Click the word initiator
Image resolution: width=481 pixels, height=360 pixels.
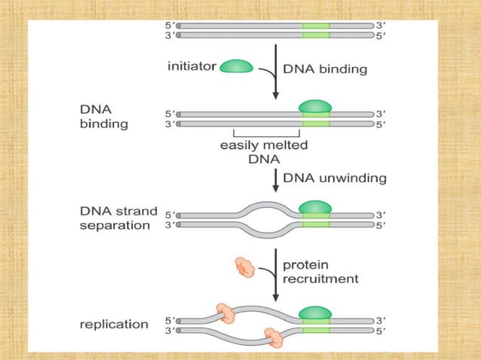191,66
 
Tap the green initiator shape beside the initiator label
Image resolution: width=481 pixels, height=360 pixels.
237,66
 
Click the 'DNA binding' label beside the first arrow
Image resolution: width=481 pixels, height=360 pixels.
325,69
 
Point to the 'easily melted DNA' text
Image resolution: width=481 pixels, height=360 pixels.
263,151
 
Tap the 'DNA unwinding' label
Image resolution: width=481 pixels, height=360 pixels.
334,178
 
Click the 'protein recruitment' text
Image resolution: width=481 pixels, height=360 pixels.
320,271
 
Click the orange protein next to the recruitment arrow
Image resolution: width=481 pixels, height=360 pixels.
246,266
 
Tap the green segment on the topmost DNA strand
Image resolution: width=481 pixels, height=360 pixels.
316,25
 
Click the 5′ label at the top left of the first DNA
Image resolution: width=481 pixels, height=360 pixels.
169,25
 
